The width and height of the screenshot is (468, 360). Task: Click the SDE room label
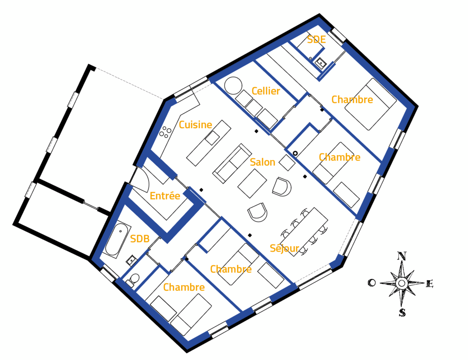[x=316, y=39]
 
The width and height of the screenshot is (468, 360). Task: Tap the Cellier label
[x=266, y=91]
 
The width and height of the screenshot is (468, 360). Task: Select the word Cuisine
[x=195, y=124]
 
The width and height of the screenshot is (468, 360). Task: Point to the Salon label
[x=263, y=162]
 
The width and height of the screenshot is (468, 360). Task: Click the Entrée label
[x=165, y=195]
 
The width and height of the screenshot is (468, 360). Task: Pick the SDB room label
[x=139, y=238]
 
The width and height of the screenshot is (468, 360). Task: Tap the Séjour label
[x=284, y=248]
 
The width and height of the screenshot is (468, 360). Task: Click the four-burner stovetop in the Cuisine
[x=165, y=132]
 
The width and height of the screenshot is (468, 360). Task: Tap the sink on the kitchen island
[x=212, y=138]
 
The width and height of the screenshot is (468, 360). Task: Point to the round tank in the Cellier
[x=233, y=86]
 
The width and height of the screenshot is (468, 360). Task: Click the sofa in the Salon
[x=232, y=163]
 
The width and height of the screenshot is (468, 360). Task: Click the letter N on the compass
[x=402, y=256]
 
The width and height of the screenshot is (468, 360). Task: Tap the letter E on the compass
[x=429, y=284]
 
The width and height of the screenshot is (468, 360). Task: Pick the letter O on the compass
[x=372, y=282]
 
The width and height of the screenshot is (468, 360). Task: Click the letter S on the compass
[x=402, y=313]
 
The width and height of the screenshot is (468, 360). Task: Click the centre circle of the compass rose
[x=402, y=283]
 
